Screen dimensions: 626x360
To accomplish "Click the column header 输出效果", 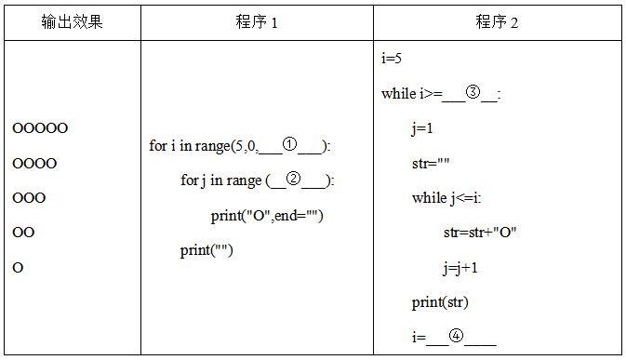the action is click(72, 21).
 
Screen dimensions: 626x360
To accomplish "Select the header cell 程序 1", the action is click(257, 22).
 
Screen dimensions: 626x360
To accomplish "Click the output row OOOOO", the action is click(41, 128).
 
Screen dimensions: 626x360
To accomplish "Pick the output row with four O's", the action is click(35, 164).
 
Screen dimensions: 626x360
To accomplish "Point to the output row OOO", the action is click(30, 198).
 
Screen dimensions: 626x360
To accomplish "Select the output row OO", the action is click(24, 233).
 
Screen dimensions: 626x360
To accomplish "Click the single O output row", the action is click(19, 268).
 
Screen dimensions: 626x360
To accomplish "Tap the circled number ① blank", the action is click(289, 145).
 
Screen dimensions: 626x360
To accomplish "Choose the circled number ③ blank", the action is click(473, 92).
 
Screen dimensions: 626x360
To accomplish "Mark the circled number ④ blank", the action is click(456, 337).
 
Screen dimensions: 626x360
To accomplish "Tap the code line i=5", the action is click(392, 59).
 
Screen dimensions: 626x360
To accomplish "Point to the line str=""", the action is click(431, 163).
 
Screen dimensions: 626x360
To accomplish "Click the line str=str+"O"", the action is click(480, 233).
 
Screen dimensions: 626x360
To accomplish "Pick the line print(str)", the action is click(440, 302).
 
